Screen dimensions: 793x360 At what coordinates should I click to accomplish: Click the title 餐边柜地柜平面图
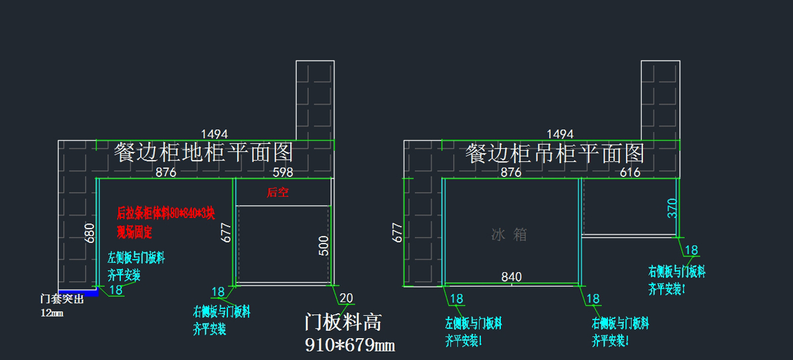pyautogui.click(x=204, y=153)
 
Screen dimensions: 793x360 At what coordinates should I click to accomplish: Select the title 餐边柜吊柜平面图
pyautogui.click(x=555, y=153)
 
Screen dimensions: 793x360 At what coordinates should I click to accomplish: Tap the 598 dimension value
pyautogui.click(x=283, y=172)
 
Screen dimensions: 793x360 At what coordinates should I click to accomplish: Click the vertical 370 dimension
pyautogui.click(x=672, y=208)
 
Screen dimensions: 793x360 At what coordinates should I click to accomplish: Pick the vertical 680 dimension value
pyautogui.click(x=91, y=233)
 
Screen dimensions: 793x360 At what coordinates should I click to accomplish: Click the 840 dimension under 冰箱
pyautogui.click(x=511, y=277)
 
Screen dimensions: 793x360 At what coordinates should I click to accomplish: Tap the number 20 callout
pyautogui.click(x=346, y=297)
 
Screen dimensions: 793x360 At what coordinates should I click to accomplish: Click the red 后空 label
pyautogui.click(x=278, y=193)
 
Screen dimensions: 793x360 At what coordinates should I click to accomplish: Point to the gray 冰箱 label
pyautogui.click(x=510, y=234)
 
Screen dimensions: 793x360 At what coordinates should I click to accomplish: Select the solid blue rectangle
pyautogui.click(x=78, y=293)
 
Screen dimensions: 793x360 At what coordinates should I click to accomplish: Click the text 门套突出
pyautogui.click(x=62, y=299)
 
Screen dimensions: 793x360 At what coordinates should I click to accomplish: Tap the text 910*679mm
pyautogui.click(x=350, y=345)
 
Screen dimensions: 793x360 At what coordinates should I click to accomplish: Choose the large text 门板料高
pyautogui.click(x=343, y=322)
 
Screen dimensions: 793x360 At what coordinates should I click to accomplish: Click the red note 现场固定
pyautogui.click(x=134, y=232)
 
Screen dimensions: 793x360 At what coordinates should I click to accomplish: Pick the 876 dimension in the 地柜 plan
pyautogui.click(x=165, y=172)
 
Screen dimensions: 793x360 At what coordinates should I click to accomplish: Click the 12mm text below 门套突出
pyautogui.click(x=52, y=312)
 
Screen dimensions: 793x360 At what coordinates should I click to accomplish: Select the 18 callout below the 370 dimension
pyautogui.click(x=691, y=250)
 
